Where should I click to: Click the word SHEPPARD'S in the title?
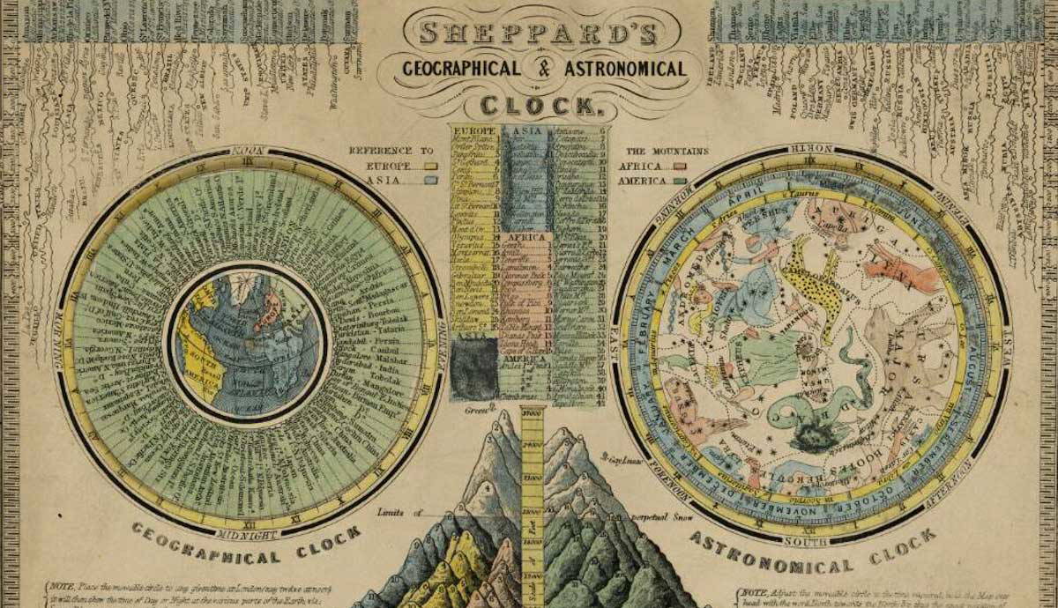533,32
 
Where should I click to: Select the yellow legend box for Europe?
431,165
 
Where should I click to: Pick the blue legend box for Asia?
431,180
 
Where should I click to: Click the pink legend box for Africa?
680,165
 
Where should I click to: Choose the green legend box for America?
680,180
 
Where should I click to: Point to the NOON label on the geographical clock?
250,151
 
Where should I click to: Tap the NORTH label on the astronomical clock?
810,149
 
